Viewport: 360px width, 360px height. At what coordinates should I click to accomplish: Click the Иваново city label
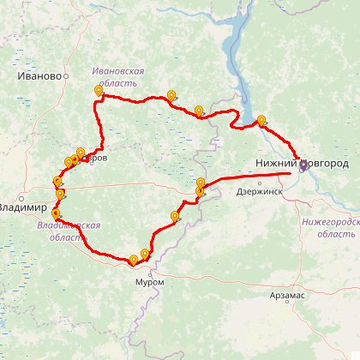(x=39, y=75)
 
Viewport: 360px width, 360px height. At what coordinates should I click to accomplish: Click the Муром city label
(x=148, y=281)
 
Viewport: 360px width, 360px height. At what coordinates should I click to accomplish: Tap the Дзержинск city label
(x=258, y=192)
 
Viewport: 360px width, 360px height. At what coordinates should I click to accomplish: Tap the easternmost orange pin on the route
(x=261, y=121)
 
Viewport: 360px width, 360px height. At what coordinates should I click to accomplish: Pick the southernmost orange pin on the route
(x=133, y=259)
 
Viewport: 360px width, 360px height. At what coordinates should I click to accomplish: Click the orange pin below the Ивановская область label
(x=99, y=90)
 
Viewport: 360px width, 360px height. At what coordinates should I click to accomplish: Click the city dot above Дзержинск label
(x=257, y=183)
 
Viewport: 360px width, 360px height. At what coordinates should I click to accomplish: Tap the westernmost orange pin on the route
(x=57, y=181)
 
